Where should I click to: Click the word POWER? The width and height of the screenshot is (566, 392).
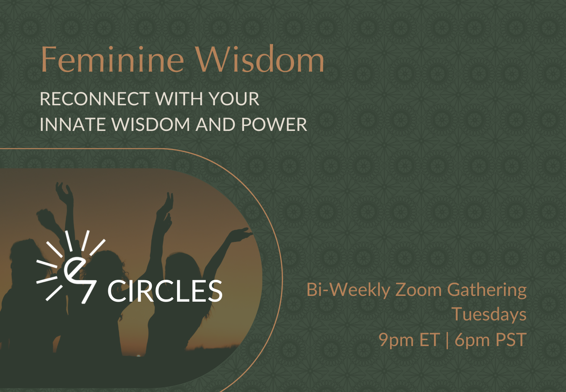pyautogui.click(x=274, y=124)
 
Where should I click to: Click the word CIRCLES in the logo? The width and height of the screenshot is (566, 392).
pyautogui.click(x=165, y=291)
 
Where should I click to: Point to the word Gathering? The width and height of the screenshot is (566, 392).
pyautogui.click(x=487, y=290)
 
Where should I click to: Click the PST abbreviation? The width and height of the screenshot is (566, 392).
pyautogui.click(x=511, y=340)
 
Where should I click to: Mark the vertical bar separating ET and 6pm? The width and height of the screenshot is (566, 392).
pyautogui.click(x=447, y=340)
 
